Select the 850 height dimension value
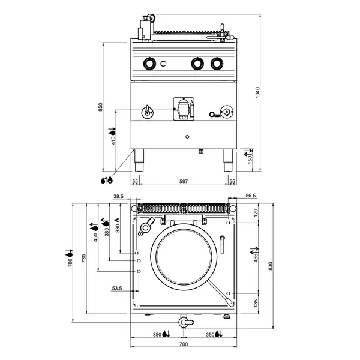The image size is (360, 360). (x=101, y=107)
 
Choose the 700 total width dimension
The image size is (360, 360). (x=184, y=344)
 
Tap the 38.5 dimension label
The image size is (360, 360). (x=118, y=196)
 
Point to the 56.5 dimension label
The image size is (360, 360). (x=250, y=196)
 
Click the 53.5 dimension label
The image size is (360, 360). (x=118, y=289)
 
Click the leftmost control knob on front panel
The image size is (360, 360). (x=149, y=62)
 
